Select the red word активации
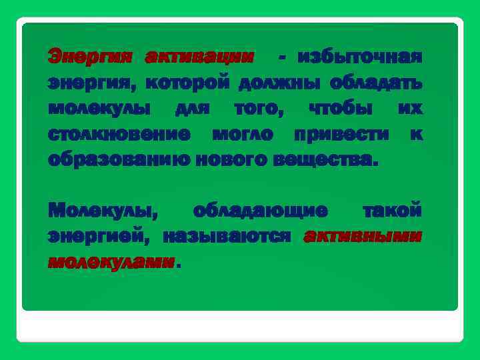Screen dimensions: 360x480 coord(199,57)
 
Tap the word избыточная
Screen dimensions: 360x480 coord(361,57)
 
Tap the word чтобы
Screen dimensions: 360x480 coord(341,108)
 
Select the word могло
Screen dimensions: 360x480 coord(243,133)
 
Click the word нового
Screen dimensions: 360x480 coord(224,159)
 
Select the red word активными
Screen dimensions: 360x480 coord(363,236)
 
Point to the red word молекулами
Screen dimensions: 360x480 coord(111,262)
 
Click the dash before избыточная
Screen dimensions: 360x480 coord(283,57)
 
